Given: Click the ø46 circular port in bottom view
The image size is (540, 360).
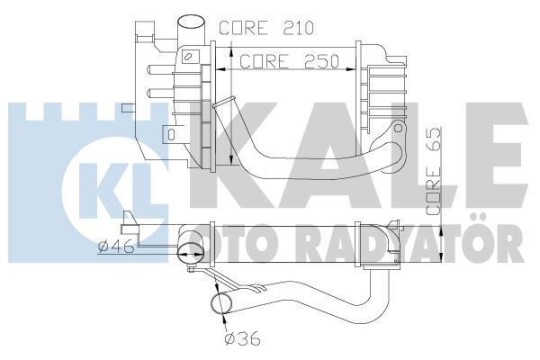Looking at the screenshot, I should (x=190, y=251).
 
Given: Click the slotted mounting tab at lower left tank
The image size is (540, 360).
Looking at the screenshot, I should (x=169, y=135).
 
